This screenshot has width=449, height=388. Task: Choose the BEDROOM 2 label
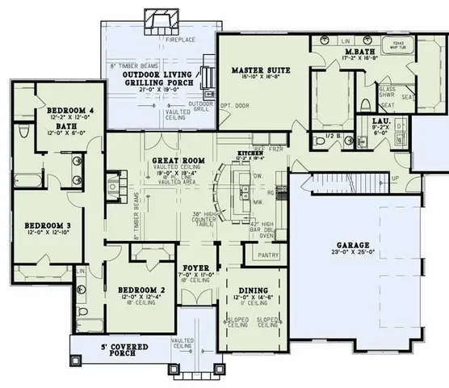point(142,289)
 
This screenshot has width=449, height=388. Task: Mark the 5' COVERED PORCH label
point(114,350)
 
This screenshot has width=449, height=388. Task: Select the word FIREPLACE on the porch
point(162,38)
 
